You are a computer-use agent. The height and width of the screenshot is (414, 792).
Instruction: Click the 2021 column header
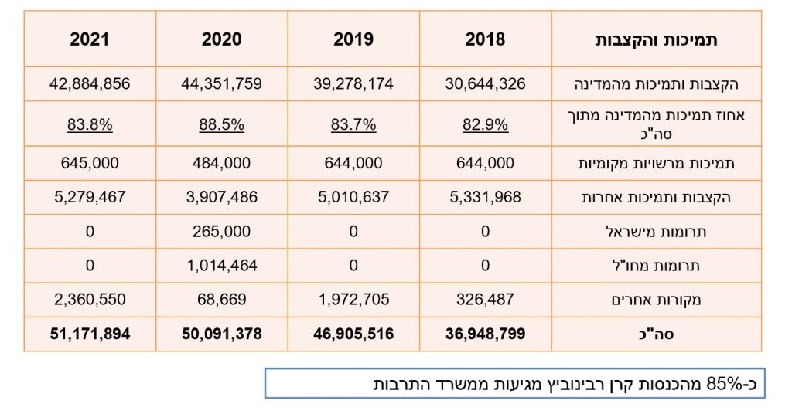coord(90,39)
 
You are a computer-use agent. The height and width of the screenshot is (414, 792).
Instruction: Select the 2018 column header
coord(485,39)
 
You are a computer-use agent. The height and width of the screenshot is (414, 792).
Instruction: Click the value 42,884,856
coord(90,84)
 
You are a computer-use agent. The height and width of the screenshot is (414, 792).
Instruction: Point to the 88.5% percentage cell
coord(222,124)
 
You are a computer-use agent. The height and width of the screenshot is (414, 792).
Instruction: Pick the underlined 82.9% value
coord(486,124)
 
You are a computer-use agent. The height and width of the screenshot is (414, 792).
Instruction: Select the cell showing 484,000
coord(222,164)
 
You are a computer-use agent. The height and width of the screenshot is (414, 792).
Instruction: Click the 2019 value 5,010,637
coord(353,197)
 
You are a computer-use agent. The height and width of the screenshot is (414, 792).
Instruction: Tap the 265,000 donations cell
coord(222,231)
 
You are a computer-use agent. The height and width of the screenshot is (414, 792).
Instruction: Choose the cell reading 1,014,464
coord(222,265)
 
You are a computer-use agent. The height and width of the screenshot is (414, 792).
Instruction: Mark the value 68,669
coord(222,299)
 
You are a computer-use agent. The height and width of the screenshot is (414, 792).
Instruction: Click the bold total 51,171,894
coord(90,334)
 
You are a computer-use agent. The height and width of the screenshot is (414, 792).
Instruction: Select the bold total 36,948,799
coord(486,334)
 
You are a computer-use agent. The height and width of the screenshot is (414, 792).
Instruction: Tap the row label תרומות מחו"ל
coord(676,266)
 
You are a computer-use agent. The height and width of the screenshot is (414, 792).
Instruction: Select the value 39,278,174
coord(353,84)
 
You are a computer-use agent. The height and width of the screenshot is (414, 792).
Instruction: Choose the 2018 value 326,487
coord(486,299)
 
